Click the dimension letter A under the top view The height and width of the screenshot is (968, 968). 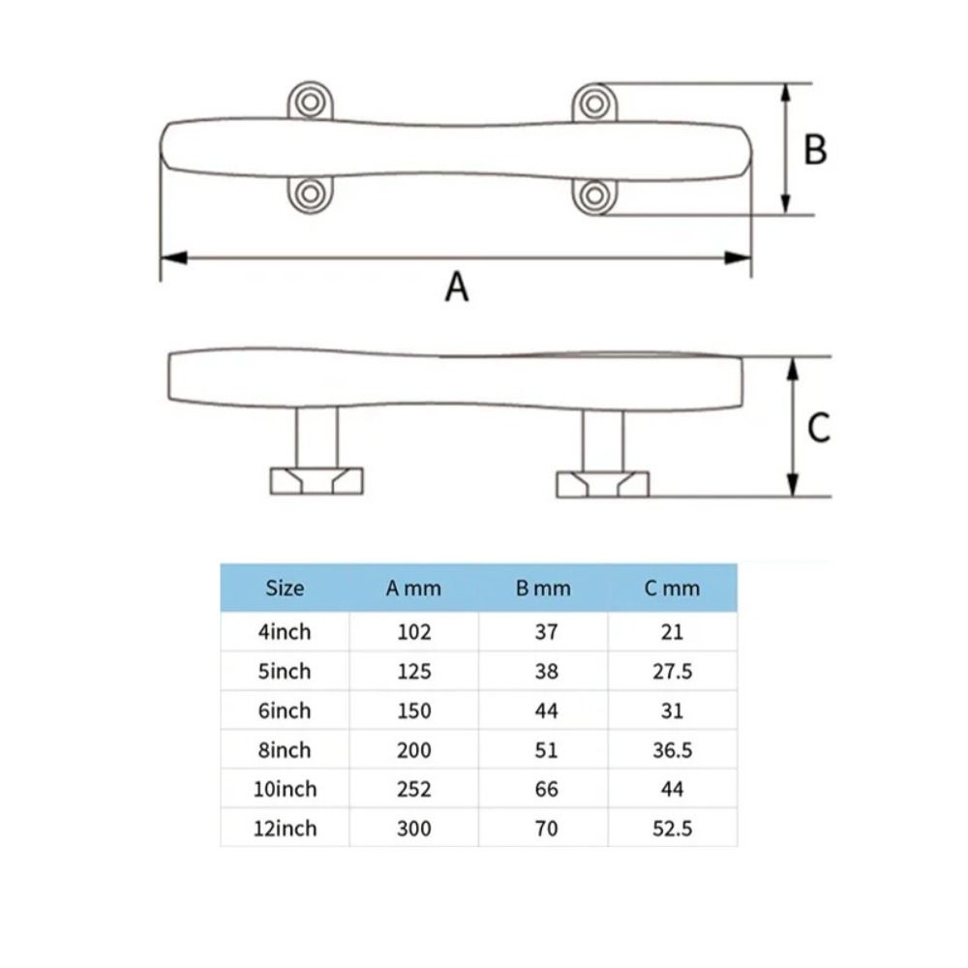[456, 287]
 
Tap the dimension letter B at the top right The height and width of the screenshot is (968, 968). [815, 150]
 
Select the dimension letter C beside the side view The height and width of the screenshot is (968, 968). [818, 427]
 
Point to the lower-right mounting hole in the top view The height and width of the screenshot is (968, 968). [593, 195]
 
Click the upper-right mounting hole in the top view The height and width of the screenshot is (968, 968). [593, 102]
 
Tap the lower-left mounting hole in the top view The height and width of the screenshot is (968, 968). [310, 194]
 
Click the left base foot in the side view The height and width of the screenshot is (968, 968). [317, 480]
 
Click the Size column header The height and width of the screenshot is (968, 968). [285, 588]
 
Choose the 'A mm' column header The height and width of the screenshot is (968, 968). [413, 588]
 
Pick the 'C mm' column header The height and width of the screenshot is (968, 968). [672, 588]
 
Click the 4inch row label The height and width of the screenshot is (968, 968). [285, 632]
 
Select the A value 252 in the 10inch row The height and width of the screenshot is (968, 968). [413, 789]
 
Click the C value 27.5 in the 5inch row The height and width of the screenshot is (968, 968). [672, 672]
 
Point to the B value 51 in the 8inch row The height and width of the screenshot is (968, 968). [546, 750]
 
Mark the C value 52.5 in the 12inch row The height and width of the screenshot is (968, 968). [672, 829]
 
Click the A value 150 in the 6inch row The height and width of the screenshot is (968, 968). [413, 711]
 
